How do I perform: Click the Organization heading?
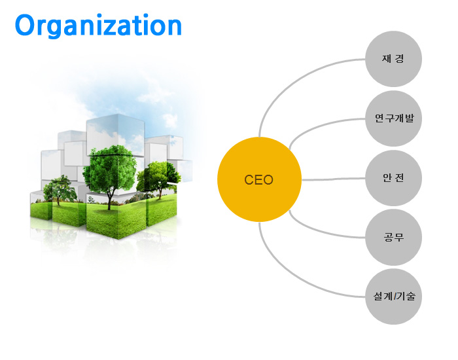tap(98, 26)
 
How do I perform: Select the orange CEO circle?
tap(259, 179)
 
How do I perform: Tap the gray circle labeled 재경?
tap(393, 59)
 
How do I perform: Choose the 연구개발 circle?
tap(393, 118)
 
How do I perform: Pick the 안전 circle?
tap(393, 178)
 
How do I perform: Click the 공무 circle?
tap(393, 237)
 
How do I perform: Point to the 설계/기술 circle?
tap(393, 297)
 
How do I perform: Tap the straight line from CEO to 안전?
tap(333, 179)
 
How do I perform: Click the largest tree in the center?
tap(109, 170)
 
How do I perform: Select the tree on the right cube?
tap(158, 179)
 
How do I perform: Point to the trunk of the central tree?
tap(109, 200)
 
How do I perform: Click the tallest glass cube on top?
tap(116, 134)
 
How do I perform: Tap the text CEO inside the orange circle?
tap(259, 180)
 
